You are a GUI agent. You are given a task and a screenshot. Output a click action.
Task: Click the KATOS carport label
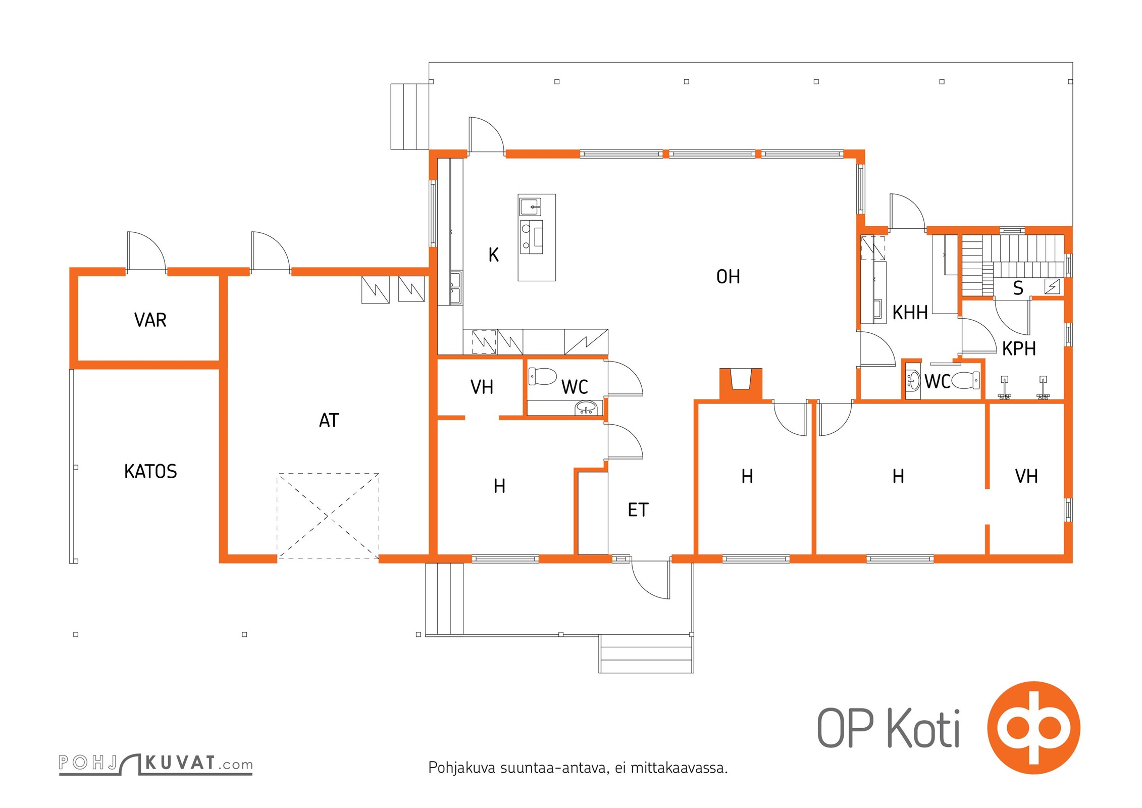click(150, 472)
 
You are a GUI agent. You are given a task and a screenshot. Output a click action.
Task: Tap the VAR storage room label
click(150, 320)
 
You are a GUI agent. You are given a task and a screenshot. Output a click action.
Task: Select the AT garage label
click(329, 421)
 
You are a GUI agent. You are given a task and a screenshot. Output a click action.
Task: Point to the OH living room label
click(728, 277)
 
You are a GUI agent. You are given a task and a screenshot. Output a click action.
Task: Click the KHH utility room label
click(910, 313)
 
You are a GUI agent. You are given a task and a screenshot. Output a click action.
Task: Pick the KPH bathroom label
click(1019, 349)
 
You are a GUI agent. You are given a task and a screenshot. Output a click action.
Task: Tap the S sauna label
click(1018, 288)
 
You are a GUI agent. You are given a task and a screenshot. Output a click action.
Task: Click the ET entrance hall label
click(638, 510)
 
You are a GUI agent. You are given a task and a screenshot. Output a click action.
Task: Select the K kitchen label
click(494, 255)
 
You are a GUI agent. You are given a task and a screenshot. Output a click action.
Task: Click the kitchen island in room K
click(537, 237)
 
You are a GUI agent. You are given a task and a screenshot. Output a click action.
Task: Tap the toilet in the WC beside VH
click(542, 376)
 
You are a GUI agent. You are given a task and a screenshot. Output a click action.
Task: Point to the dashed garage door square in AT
click(328, 516)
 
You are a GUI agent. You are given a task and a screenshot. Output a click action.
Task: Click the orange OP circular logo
click(1034, 728)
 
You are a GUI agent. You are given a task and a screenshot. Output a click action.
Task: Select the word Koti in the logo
click(923, 729)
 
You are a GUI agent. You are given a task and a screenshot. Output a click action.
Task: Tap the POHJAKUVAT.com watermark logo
click(155, 763)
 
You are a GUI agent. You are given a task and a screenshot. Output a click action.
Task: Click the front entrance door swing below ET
click(651, 580)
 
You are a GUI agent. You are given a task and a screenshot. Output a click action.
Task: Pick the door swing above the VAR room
click(146, 251)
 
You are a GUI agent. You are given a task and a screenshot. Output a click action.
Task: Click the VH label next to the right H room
click(1026, 477)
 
